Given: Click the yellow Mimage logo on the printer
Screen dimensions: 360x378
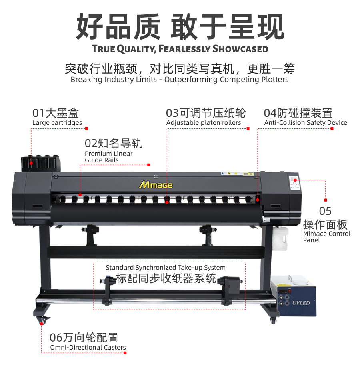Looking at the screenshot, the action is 156,185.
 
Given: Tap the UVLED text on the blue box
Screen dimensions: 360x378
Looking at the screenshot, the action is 301,303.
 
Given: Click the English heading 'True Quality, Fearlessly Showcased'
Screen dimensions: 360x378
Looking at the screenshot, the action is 180,49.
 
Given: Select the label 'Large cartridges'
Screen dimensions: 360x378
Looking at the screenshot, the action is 57,123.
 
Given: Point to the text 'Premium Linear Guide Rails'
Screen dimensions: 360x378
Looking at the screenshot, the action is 109,157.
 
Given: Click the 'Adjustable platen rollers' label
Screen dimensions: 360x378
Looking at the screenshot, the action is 204,123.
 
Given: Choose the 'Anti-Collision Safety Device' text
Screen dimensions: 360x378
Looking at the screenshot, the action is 306,123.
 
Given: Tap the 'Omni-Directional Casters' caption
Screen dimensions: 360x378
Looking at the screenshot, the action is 88,347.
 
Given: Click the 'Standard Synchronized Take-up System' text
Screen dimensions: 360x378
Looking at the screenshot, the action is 166,268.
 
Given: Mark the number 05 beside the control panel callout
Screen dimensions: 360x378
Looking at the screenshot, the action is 325,211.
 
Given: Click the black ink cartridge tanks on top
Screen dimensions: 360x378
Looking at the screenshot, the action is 41,163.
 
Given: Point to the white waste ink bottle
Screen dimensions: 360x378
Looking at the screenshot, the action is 280,238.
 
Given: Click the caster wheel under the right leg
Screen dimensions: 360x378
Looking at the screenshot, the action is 273,320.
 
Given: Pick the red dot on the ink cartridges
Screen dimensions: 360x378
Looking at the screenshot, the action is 31,163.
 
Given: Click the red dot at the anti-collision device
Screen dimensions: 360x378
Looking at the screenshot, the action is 258,200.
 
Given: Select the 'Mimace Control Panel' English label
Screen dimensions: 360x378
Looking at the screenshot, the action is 327,237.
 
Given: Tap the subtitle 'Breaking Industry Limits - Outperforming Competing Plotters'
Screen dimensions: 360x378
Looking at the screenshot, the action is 180,80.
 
